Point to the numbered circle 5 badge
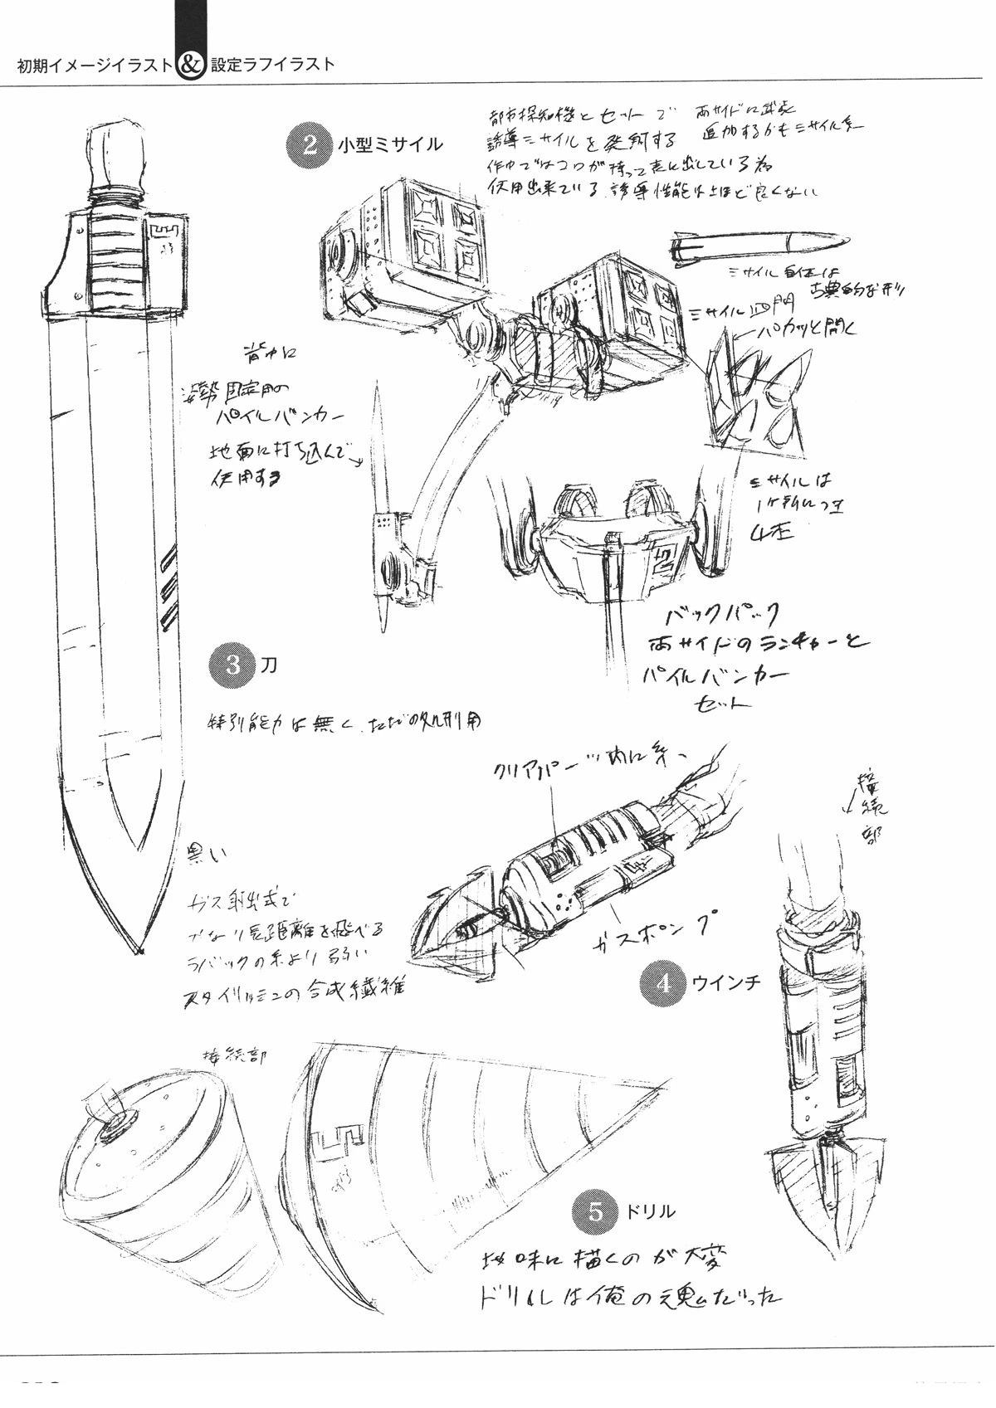point(594,1211)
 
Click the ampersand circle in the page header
point(189,66)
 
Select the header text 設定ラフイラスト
point(273,66)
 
